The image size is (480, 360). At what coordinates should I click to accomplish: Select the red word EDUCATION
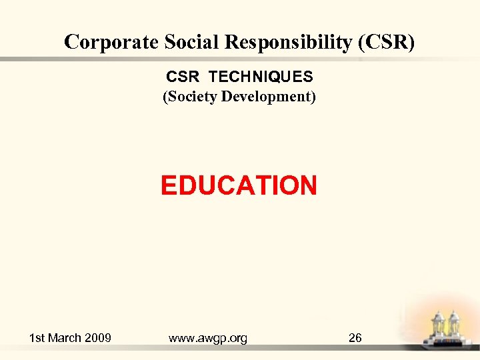coord(239,185)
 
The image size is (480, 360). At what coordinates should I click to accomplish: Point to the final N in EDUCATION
coord(307,185)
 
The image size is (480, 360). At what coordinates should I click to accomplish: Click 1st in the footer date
coord(38,338)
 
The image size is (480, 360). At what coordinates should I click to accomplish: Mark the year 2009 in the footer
coord(99,338)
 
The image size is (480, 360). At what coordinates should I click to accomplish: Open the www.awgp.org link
coord(208,338)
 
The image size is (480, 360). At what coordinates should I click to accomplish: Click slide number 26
coord(355,338)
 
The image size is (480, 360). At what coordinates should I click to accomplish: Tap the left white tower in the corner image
coord(439,326)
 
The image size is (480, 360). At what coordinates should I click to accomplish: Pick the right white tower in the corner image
coord(455,326)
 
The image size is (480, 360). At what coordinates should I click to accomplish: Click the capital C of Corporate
coord(71,42)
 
